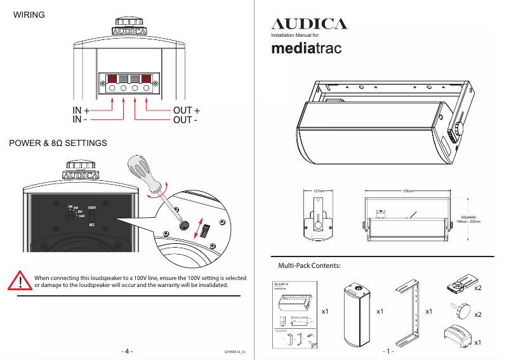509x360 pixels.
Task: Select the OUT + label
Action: click(x=187, y=110)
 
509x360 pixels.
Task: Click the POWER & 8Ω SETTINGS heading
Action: click(x=58, y=143)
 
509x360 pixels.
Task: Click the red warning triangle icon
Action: click(x=21, y=281)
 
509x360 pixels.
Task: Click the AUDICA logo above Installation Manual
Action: click(x=309, y=24)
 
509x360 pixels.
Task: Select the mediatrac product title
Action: click(x=307, y=48)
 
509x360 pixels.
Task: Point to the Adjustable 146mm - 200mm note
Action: click(x=468, y=219)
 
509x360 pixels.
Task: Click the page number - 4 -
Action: click(x=126, y=351)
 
